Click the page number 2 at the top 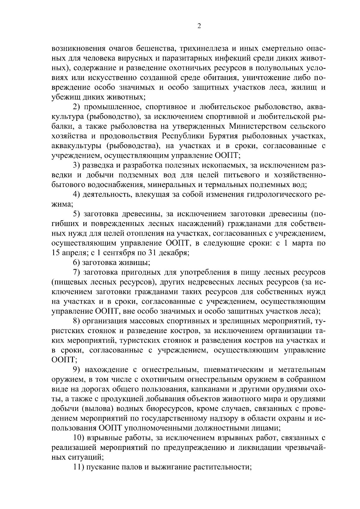tap(199, 26)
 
